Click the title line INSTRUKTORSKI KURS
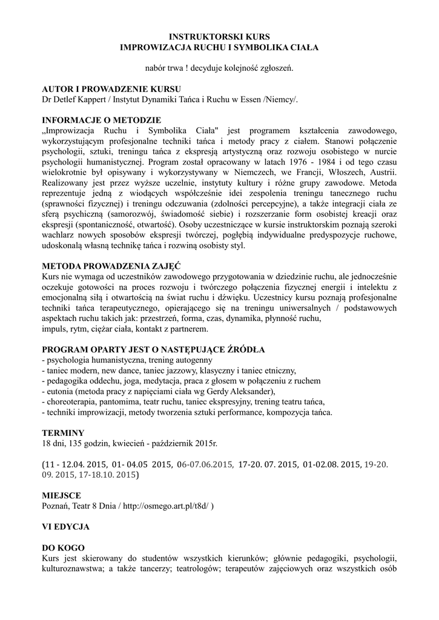219,36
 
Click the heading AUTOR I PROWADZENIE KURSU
104,89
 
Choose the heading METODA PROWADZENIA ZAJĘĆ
111,265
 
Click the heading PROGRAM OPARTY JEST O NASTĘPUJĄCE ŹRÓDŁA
154,349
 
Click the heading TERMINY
63,433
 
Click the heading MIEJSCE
62,495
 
